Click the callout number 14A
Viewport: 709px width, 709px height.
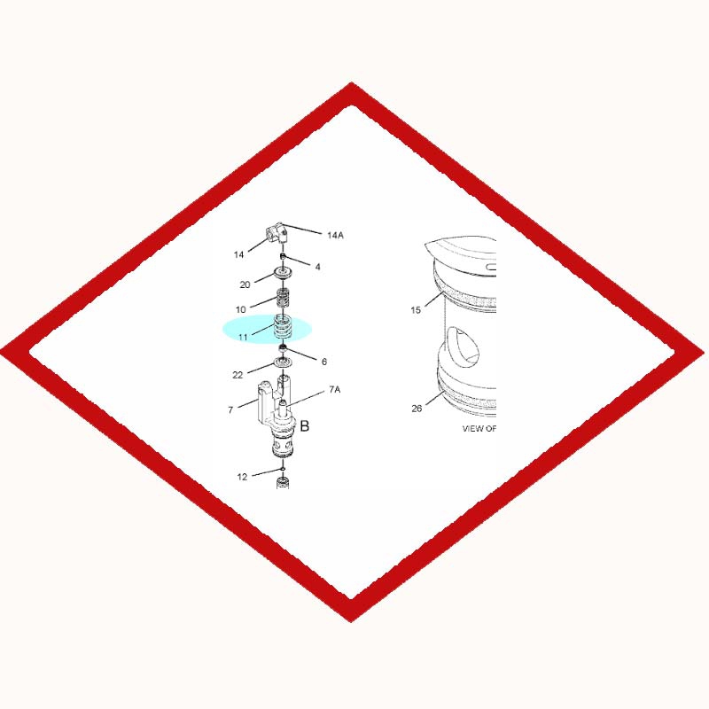335,235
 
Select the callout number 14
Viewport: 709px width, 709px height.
238,255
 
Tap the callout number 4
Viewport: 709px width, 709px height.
318,268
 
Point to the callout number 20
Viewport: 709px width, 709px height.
245,284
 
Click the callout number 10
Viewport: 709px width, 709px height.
240,309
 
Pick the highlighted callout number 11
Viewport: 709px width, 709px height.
243,338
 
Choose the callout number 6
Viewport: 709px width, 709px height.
324,362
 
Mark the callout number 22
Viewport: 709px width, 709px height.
238,375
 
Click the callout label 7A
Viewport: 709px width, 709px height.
335,390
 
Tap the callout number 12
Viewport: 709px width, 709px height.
242,477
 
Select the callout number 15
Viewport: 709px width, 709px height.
416,310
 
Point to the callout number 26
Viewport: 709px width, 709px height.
417,409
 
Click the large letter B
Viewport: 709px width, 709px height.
305,426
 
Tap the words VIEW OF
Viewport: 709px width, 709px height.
479,429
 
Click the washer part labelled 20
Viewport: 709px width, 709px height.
284,274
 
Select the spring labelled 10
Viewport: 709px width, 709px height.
283,297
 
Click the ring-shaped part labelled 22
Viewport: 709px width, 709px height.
283,362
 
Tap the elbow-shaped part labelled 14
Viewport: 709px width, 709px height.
277,233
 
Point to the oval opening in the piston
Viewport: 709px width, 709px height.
462,346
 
